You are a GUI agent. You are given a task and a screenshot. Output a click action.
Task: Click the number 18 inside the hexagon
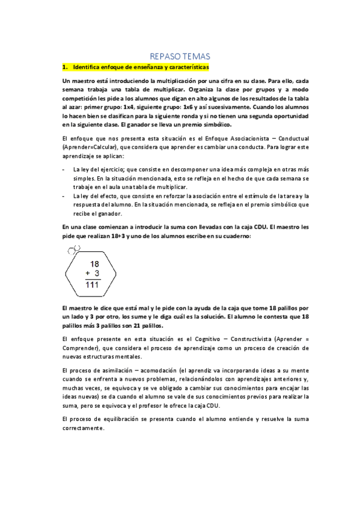[x=94, y=263]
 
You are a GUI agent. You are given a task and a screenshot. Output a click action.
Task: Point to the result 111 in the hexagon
[x=92, y=284]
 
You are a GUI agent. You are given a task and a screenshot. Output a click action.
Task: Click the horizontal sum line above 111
[x=92, y=279]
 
